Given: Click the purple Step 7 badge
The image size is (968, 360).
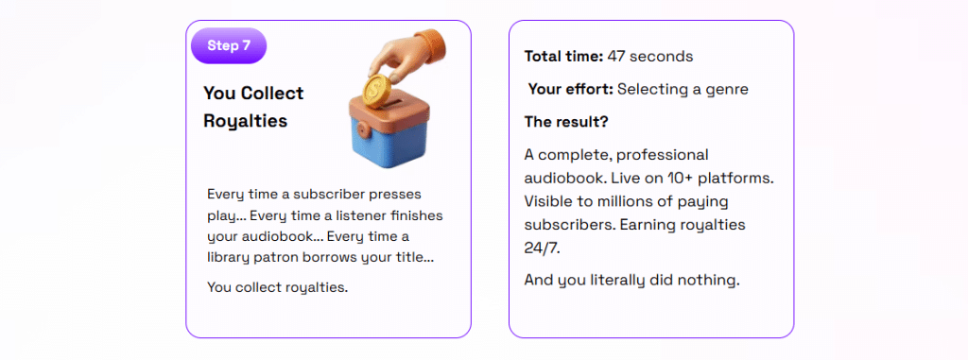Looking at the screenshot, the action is point(229,45).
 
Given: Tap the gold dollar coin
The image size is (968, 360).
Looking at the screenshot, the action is point(374,90).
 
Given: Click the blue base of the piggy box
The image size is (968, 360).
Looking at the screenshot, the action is point(389,146).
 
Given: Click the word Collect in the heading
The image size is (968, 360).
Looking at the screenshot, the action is point(272,94).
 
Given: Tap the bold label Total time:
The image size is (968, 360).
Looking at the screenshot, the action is point(563,57).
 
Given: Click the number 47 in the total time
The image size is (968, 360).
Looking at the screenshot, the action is point(616,57).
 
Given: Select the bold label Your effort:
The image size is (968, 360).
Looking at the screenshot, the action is point(571,90).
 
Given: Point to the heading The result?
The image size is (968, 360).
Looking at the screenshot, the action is point(566,122).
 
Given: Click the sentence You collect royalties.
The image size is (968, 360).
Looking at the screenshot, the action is point(277,288).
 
